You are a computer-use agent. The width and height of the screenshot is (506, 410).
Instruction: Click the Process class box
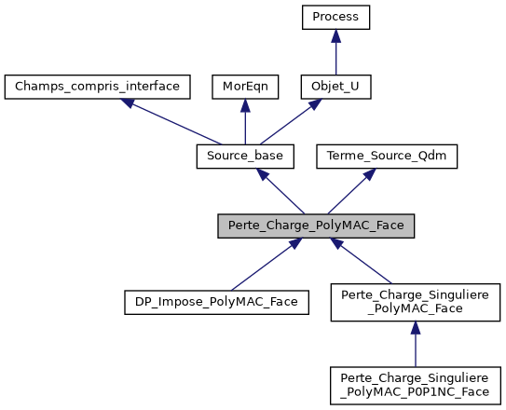[x=336, y=17]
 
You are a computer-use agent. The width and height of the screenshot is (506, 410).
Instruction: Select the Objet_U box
[x=336, y=87]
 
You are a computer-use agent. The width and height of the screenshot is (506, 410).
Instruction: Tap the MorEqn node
[x=244, y=87]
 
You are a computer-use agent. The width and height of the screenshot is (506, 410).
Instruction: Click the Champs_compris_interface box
[x=98, y=87]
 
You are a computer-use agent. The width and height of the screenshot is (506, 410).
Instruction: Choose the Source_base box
[x=245, y=157]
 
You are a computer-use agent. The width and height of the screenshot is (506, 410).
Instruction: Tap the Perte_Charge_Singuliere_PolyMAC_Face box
[x=416, y=304]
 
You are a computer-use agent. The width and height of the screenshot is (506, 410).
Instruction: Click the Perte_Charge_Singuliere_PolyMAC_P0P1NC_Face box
[x=416, y=384]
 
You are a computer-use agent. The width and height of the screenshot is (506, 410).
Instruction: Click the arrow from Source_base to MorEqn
[x=244, y=121]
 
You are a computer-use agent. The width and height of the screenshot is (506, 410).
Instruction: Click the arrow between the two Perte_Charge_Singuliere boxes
[x=416, y=344]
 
